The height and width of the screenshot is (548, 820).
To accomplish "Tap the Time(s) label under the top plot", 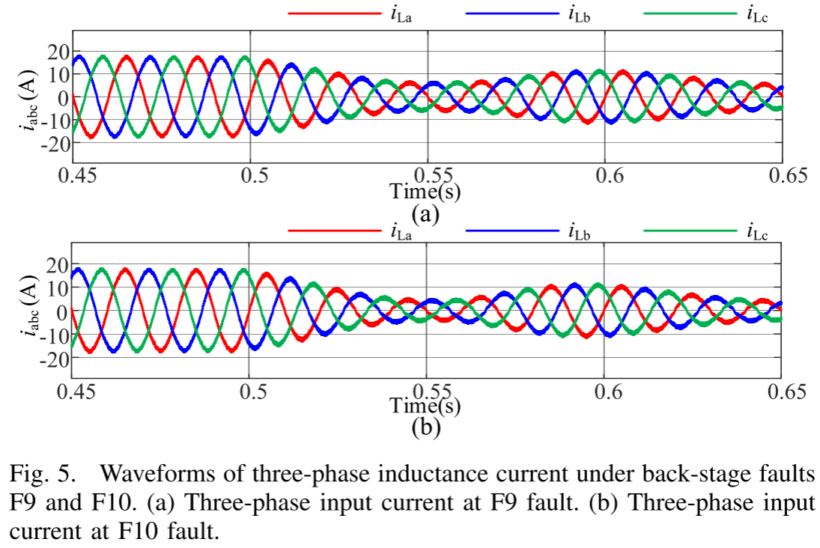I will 425,192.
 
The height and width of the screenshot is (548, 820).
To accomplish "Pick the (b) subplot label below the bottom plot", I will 425,428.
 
